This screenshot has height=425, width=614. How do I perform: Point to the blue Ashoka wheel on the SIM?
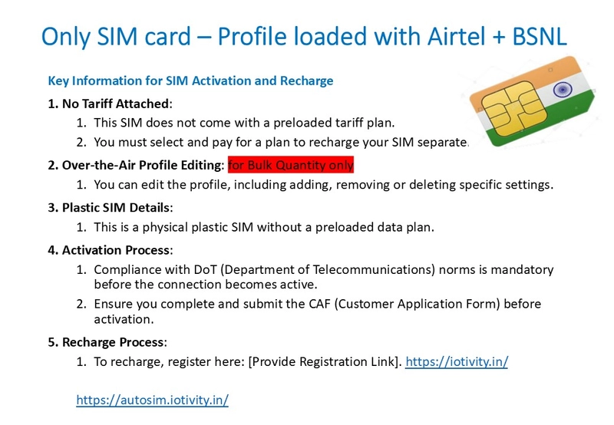pos(563,90)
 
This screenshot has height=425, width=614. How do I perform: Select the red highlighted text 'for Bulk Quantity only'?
pos(291,165)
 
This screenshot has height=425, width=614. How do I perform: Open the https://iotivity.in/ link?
pos(457,361)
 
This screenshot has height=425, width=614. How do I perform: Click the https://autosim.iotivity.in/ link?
pos(152,400)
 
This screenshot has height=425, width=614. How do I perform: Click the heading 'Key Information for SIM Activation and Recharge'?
pos(190,81)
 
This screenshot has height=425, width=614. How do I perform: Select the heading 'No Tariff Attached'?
pos(116,104)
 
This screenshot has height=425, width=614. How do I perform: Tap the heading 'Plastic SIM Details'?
pos(117,207)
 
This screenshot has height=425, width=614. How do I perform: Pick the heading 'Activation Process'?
pos(117,250)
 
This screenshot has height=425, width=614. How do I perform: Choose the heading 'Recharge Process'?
pos(114,342)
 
